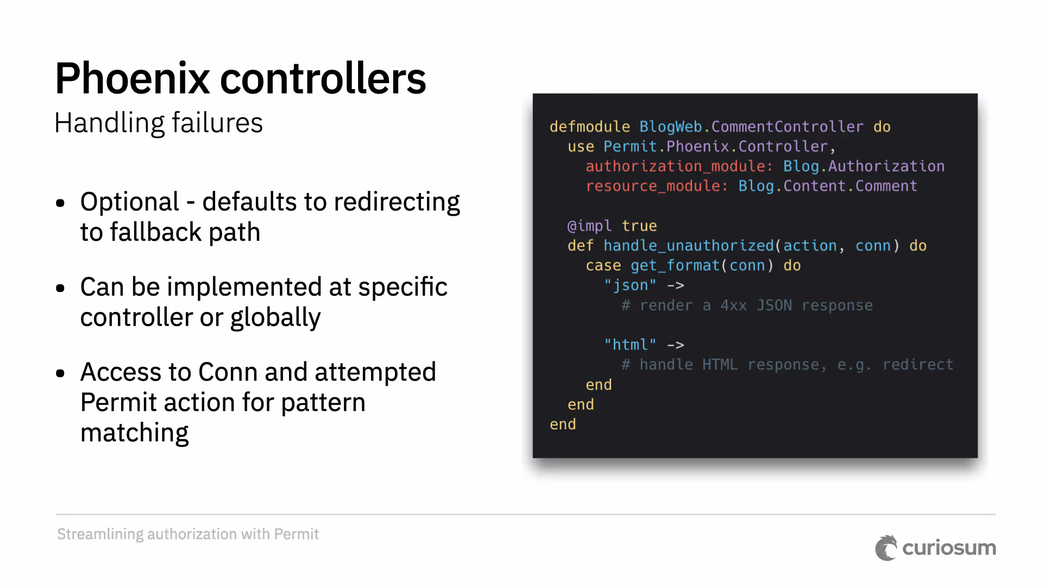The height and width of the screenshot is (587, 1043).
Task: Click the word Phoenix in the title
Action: click(132, 79)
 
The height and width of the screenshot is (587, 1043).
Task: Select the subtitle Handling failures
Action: click(158, 123)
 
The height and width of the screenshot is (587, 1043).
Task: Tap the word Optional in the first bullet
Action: click(129, 202)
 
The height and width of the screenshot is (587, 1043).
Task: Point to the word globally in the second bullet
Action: click(275, 317)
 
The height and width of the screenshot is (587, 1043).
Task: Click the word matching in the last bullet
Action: click(134, 433)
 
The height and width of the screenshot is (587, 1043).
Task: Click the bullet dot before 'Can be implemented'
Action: click(60, 288)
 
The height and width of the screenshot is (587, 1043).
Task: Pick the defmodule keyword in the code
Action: click(589, 127)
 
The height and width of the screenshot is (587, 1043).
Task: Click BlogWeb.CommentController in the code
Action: click(751, 127)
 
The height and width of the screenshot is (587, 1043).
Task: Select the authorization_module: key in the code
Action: click(679, 166)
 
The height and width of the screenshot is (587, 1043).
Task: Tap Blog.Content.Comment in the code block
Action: click(827, 186)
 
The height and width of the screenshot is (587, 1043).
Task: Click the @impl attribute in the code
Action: click(589, 226)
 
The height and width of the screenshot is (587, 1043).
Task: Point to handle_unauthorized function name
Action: click(688, 246)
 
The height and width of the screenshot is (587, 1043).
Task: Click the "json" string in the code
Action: click(630, 285)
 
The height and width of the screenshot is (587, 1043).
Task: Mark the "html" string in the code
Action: click(630, 345)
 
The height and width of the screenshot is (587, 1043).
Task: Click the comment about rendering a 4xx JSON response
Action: click(747, 305)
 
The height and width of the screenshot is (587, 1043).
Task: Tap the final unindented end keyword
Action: click(562, 424)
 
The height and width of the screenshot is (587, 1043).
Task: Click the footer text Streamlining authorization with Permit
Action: click(188, 534)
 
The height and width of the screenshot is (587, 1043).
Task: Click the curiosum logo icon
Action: click(886, 548)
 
